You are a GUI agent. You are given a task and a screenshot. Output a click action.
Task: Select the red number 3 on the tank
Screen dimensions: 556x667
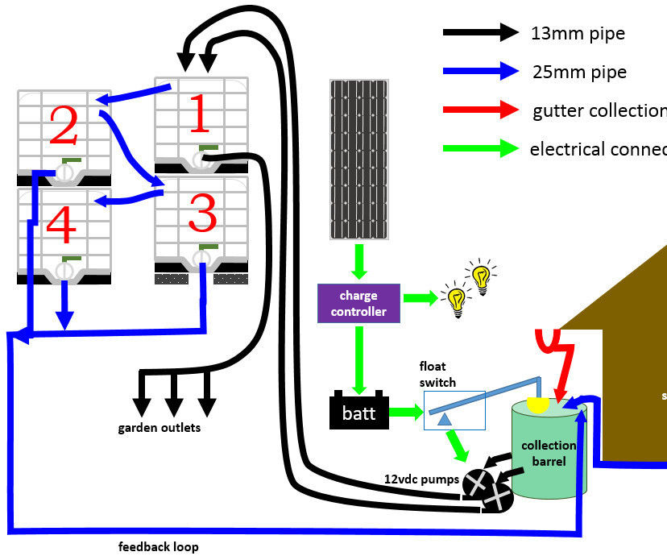coord(201,214)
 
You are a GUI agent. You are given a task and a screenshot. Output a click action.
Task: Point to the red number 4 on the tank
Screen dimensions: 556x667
coord(61,223)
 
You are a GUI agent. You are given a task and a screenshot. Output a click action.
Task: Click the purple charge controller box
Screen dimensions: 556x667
coord(358,304)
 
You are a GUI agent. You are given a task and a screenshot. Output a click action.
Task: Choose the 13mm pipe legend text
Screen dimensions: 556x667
coord(578,34)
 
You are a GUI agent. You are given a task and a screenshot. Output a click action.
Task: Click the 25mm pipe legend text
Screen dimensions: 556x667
coord(578,73)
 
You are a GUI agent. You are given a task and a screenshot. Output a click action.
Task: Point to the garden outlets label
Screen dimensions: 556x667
coord(159,428)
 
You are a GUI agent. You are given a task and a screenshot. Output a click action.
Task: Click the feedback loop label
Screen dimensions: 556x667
coord(158,546)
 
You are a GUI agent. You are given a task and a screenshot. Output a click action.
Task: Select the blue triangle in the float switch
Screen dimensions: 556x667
coord(443,417)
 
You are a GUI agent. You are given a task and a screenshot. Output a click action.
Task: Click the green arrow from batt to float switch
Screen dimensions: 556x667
coord(408,412)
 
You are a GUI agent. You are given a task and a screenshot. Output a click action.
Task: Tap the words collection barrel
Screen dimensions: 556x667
coord(549,453)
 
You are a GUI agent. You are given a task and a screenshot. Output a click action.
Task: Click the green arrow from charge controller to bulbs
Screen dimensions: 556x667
coord(420,298)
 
